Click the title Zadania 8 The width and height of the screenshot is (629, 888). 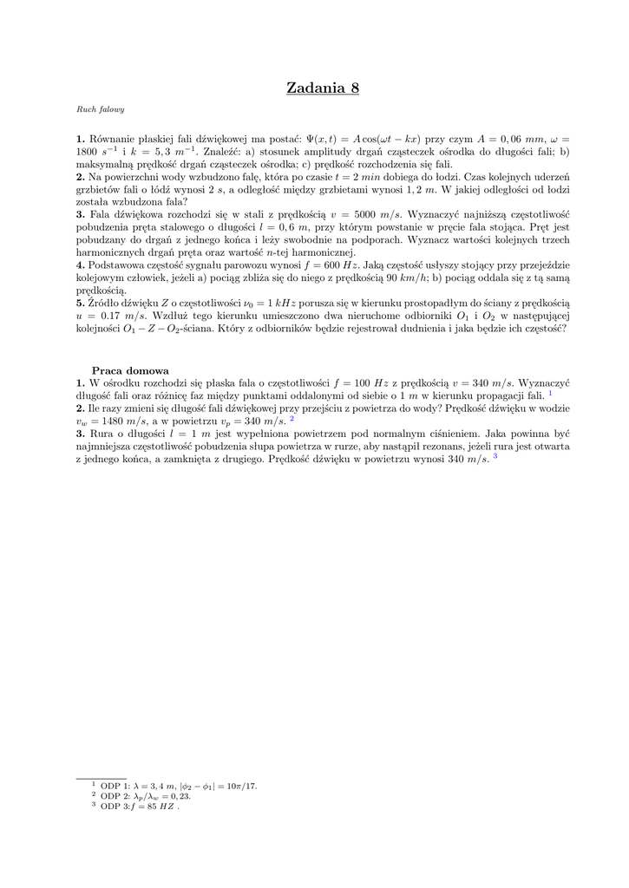pyautogui.click(x=323, y=88)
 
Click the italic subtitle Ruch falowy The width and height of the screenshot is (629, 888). pyautogui.click(x=101, y=110)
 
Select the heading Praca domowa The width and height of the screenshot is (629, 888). pyautogui.click(x=130, y=370)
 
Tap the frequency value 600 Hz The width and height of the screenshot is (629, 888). pyautogui.click(x=339, y=264)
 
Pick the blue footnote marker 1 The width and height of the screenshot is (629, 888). pyautogui.click(x=550, y=392)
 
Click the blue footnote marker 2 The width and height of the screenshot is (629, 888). pyautogui.click(x=292, y=418)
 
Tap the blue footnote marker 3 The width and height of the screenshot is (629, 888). pyautogui.click(x=495, y=456)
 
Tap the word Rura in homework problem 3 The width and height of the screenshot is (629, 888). pyautogui.click(x=102, y=433)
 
